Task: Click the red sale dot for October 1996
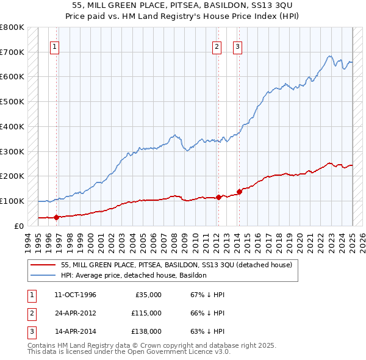[x=56, y=217]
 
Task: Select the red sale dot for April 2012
[x=218, y=197]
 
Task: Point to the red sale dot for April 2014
[x=239, y=192]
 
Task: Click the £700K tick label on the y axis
[x=12, y=52]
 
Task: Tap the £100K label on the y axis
[x=12, y=201]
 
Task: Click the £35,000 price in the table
[x=148, y=295]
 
